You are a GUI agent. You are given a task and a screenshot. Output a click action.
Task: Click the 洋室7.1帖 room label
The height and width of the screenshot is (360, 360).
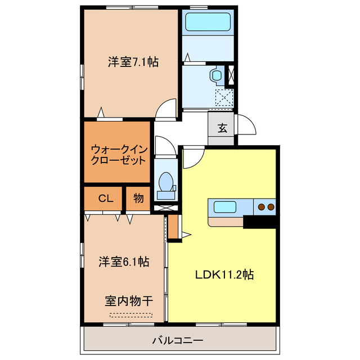pyautogui.click(x=133, y=62)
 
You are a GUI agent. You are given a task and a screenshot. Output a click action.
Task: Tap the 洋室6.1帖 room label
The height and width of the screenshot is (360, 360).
pyautogui.click(x=124, y=262)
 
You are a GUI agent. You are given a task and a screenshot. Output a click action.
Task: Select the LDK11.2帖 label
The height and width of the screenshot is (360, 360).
pyautogui.click(x=224, y=275)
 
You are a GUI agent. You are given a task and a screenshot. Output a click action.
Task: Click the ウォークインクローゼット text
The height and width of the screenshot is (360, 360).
pyautogui.click(x=119, y=154)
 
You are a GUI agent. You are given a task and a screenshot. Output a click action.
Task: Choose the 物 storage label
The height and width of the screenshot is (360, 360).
pyautogui.click(x=138, y=198)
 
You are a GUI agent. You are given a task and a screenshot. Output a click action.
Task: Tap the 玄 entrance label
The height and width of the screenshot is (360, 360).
pyautogui.click(x=222, y=128)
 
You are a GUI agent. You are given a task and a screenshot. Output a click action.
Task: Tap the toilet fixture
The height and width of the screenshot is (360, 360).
pyautogui.click(x=166, y=183)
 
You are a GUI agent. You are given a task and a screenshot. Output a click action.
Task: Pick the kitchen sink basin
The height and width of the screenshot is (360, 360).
pyautogui.click(x=225, y=207)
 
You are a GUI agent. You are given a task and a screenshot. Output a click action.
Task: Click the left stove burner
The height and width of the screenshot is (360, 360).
pyautogui.click(x=262, y=208)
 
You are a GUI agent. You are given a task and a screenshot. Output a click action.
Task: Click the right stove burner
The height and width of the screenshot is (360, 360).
pyautogui.click(x=271, y=208)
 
